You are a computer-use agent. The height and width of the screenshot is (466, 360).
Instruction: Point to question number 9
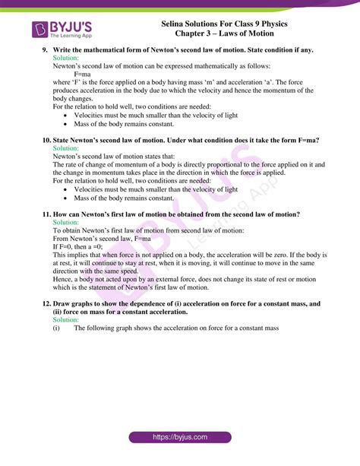[45, 50]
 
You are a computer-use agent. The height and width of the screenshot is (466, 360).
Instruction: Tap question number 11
[46, 214]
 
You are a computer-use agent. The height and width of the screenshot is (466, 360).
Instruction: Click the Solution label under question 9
[66, 58]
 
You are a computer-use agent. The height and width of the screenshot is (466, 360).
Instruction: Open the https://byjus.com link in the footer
[179, 438]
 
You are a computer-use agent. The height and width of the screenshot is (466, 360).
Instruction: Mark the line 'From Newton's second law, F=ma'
[106, 238]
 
